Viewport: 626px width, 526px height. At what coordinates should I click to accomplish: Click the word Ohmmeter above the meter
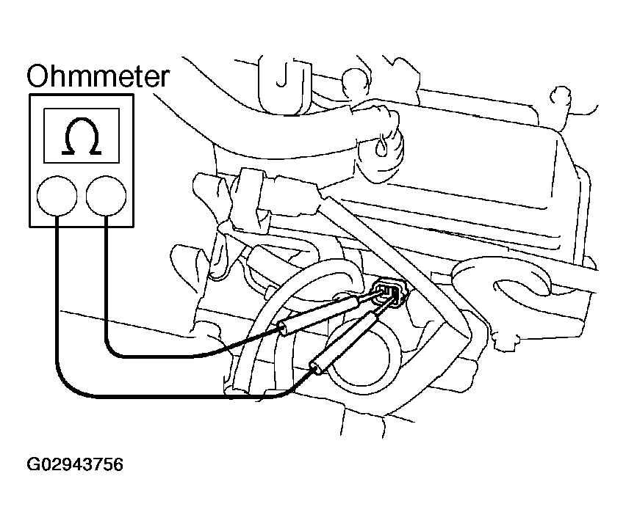pyautogui.click(x=98, y=76)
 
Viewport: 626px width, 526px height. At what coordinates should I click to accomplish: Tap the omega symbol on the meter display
pyautogui.click(x=82, y=136)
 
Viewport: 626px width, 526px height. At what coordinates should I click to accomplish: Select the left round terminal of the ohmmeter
pyautogui.click(x=57, y=196)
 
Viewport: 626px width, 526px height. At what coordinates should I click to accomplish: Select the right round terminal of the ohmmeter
pyautogui.click(x=107, y=196)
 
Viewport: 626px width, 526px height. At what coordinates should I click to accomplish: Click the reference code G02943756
pyautogui.click(x=75, y=464)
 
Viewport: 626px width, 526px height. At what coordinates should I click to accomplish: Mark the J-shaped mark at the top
pyautogui.click(x=282, y=75)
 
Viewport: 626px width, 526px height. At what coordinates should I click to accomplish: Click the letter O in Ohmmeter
pyautogui.click(x=38, y=76)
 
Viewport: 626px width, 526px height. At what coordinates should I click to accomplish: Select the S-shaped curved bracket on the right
pyautogui.click(x=504, y=279)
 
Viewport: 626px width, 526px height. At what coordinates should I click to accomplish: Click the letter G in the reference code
pyautogui.click(x=32, y=464)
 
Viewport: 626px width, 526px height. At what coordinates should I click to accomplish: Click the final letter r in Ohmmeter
pyautogui.click(x=165, y=79)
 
